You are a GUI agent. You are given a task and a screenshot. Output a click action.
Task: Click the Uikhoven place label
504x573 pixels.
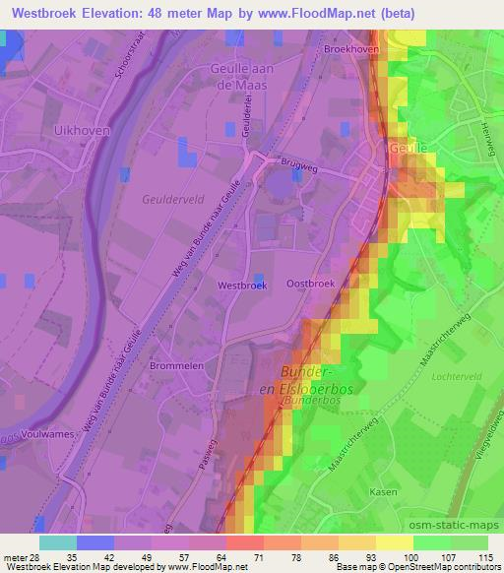81,130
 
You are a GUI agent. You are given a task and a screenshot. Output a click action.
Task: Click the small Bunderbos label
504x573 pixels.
313,403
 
